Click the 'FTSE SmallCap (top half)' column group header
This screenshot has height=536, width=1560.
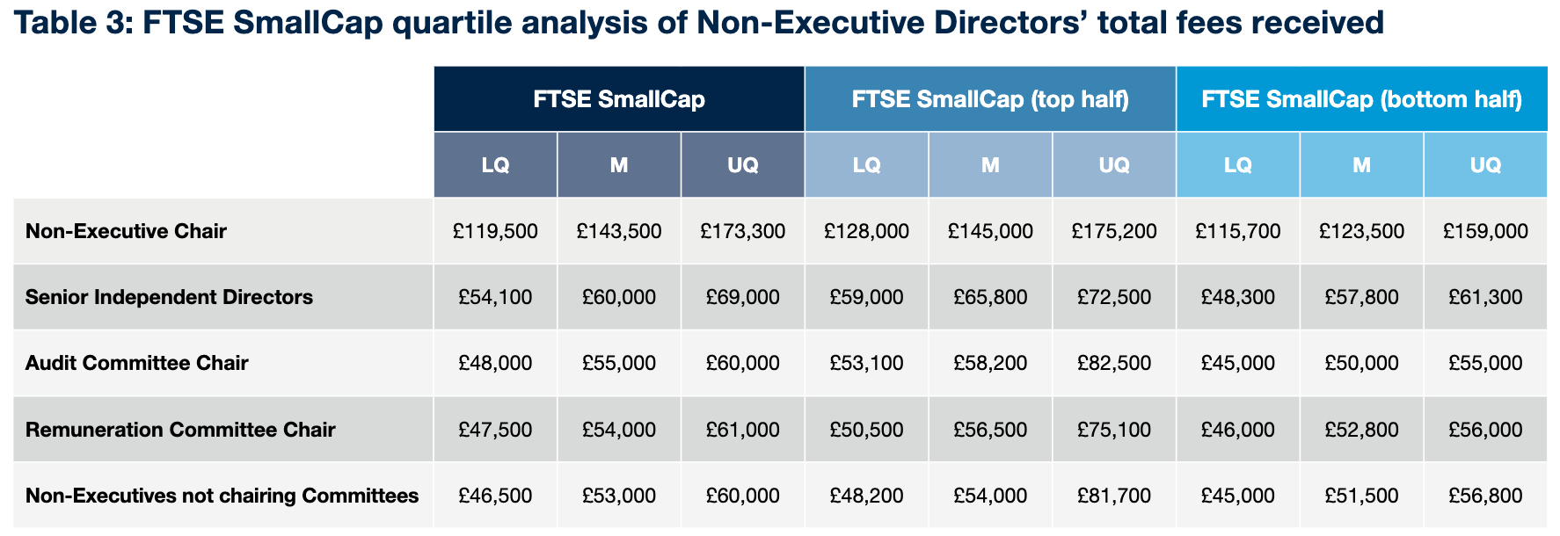pos(990,99)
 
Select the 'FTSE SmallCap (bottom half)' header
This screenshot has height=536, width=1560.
pos(1361,99)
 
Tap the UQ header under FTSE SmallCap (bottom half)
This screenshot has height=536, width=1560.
pos(1485,165)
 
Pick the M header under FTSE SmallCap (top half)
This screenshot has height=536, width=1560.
pos(990,165)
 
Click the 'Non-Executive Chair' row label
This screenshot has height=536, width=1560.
pos(126,231)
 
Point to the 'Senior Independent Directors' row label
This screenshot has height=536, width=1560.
pos(169,297)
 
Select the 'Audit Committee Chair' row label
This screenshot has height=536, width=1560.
pos(136,363)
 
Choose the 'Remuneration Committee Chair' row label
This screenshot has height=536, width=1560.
pos(180,430)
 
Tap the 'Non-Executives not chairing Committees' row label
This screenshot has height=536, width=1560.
pos(222,496)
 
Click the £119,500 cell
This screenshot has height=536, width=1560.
pos(495,231)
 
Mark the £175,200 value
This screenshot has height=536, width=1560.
pos(1114,231)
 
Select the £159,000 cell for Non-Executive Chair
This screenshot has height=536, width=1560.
pos(1485,231)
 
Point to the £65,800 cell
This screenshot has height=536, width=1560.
pos(990,297)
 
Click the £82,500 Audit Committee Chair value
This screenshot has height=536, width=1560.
pos(1114,363)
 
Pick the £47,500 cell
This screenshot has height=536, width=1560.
pos(495,430)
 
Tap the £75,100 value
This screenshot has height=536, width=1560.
pos(1114,430)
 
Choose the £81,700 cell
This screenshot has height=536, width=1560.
pos(1114,496)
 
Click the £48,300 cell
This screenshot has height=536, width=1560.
pos(1237,297)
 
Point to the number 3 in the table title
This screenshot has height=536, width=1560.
pos(115,23)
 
